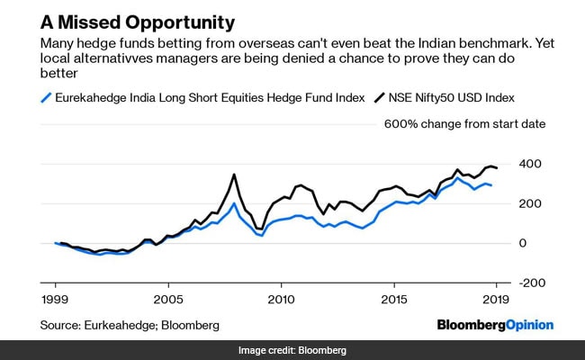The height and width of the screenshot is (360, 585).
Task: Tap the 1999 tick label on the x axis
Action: coord(55,298)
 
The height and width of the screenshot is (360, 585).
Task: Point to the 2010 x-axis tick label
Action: coord(281,298)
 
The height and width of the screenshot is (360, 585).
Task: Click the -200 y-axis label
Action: coord(531,283)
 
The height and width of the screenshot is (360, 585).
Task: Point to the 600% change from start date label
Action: coord(465,123)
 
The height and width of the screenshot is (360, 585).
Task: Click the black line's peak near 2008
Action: coord(234,175)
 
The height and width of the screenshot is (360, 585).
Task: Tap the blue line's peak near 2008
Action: coord(234,203)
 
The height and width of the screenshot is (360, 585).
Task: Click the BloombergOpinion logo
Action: coord(494,324)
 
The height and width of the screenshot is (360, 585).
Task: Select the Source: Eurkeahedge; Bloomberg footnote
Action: coord(129,324)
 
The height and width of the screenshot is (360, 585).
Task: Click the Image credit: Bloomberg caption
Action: coord(292,350)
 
